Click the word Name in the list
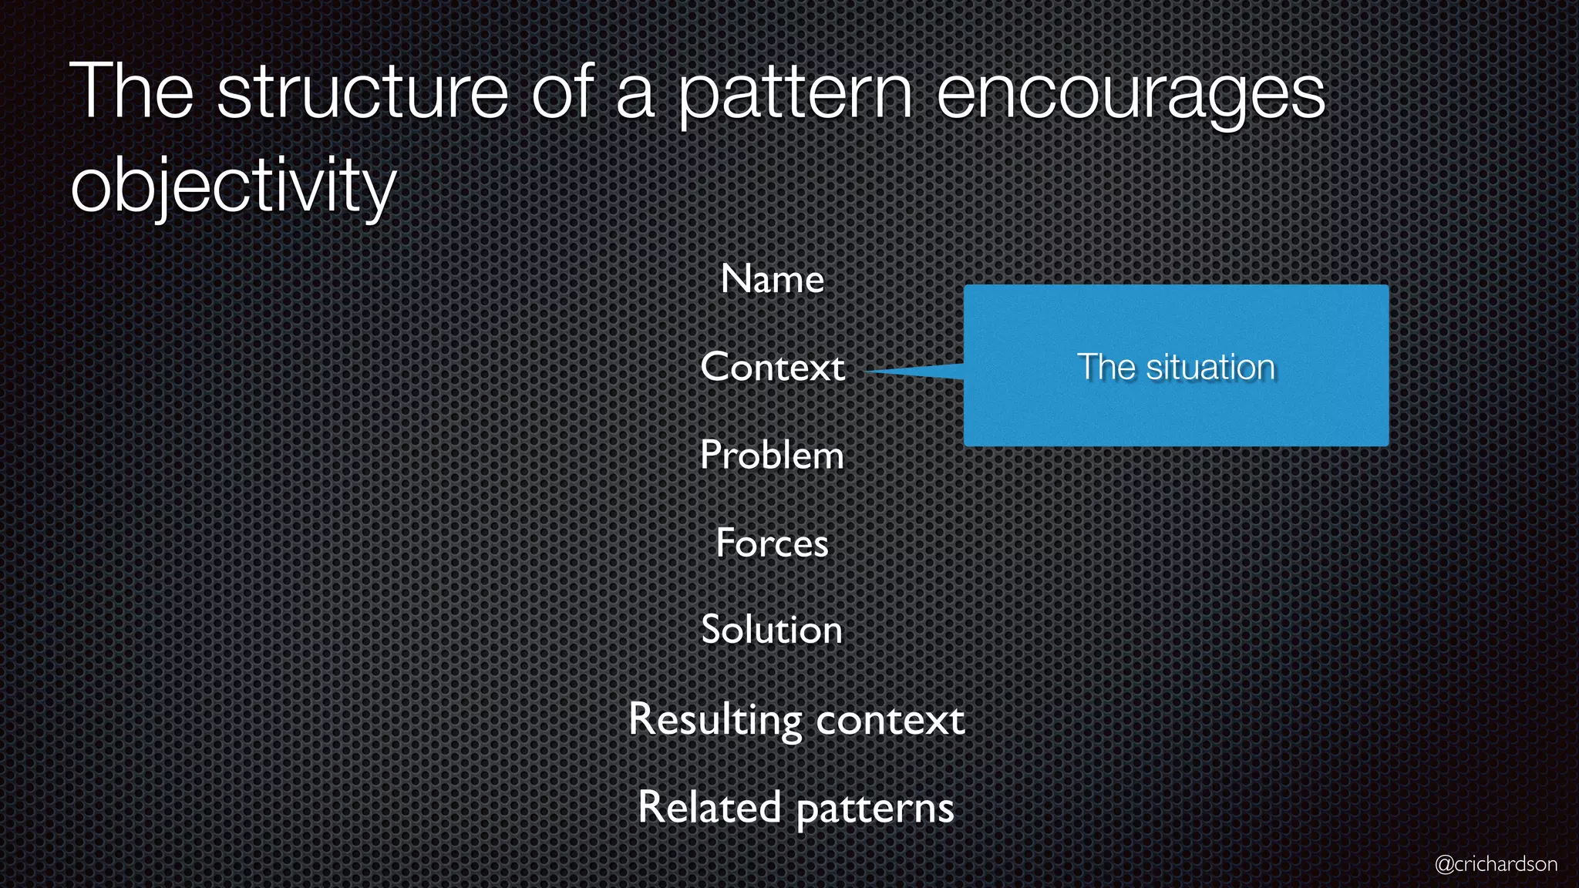pyautogui.click(x=772, y=279)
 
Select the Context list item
pyautogui.click(x=772, y=367)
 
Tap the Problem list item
pyautogui.click(x=772, y=455)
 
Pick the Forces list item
pyautogui.click(x=772, y=543)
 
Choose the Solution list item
pyautogui.click(x=772, y=630)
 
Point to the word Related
pyautogui.click(x=709, y=807)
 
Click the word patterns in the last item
pyautogui.click(x=874, y=809)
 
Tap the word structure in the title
pyautogui.click(x=362, y=92)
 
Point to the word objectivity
pyautogui.click(x=233, y=186)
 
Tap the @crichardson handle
pyautogui.click(x=1495, y=864)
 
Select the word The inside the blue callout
pyautogui.click(x=1106, y=367)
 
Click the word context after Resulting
pyautogui.click(x=890, y=720)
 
